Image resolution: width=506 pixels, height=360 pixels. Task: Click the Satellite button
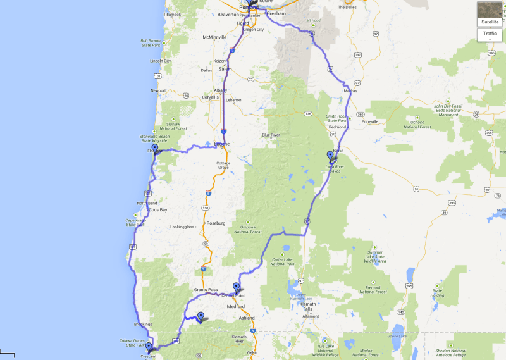pos(490,13)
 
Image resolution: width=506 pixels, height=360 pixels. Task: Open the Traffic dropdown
pos(490,35)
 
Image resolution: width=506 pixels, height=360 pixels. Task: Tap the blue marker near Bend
pos(330,156)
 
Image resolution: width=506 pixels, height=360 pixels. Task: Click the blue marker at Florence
pos(154,149)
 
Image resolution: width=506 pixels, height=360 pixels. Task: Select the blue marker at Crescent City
pos(149,347)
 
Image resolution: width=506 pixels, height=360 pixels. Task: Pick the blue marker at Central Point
pos(237,287)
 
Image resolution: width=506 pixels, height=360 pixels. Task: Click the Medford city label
pos(236,307)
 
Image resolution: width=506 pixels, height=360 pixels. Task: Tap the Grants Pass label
pos(204,289)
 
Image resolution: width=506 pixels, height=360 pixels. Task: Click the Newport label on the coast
pos(158,90)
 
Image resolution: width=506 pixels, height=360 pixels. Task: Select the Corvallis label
pos(211,96)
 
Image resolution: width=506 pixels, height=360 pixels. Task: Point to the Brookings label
pos(143,324)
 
